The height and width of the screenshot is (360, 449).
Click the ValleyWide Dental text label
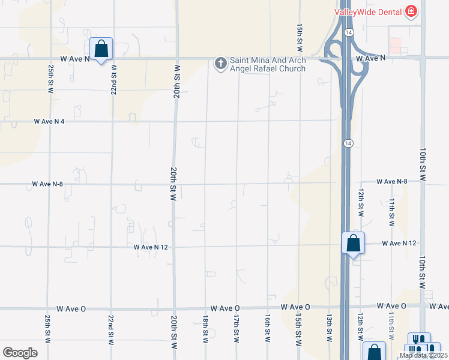pyautogui.click(x=368, y=12)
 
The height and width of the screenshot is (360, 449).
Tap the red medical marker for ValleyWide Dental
pyautogui.click(x=411, y=12)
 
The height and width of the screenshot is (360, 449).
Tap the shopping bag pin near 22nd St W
pyautogui.click(x=101, y=49)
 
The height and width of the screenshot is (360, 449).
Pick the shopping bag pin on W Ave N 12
pyautogui.click(x=354, y=244)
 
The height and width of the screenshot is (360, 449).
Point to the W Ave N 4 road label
pyautogui.click(x=49, y=121)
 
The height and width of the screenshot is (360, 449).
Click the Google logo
pyautogui.click(x=20, y=352)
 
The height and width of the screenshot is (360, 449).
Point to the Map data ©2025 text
pyautogui.click(x=424, y=355)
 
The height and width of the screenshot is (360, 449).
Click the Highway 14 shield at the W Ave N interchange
pyautogui.click(x=348, y=31)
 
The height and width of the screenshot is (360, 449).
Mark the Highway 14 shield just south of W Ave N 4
pyautogui.click(x=348, y=143)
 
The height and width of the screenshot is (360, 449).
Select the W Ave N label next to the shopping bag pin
pyautogui.click(x=75, y=59)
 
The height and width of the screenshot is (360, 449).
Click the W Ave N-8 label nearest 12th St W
pyautogui.click(x=392, y=181)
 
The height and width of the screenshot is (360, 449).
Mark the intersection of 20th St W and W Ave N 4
pyautogui.click(x=175, y=121)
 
